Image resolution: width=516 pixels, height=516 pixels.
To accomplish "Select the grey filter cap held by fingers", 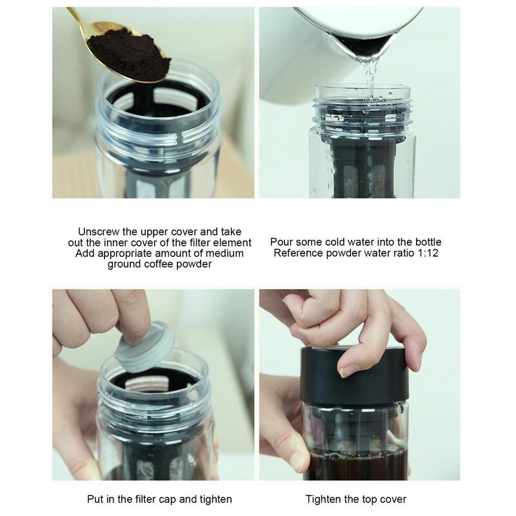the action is (144, 347).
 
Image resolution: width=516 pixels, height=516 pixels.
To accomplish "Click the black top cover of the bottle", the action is (354, 376).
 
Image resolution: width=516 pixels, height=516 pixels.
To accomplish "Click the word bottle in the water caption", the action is (428, 243).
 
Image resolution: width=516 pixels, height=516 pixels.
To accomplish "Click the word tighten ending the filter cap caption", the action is (216, 499).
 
